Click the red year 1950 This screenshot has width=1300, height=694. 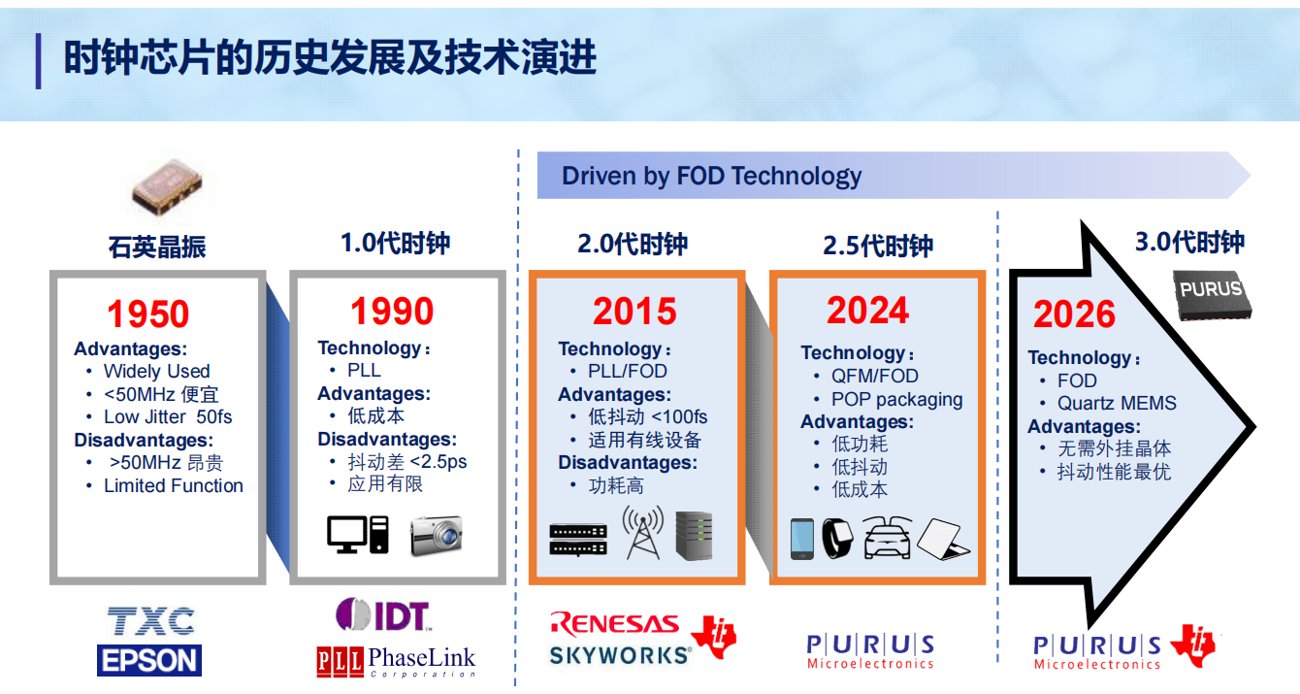(148, 314)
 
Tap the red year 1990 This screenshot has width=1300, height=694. (392, 312)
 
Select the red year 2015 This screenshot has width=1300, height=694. (634, 312)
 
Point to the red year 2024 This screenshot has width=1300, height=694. (867, 311)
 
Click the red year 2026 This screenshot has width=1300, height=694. (1074, 314)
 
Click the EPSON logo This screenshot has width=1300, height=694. (149, 660)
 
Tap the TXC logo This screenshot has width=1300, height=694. (151, 621)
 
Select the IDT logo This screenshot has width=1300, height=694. (383, 614)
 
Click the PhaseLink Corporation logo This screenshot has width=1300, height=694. (397, 662)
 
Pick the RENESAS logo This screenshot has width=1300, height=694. (615, 623)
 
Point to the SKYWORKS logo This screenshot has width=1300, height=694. (620, 656)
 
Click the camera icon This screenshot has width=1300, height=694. (436, 536)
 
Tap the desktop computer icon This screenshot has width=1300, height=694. (357, 534)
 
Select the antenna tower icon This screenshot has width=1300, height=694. (643, 532)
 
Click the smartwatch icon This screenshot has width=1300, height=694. (837, 539)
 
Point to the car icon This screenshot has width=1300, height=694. (888, 537)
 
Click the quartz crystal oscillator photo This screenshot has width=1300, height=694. (167, 186)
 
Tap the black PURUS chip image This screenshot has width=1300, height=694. (1212, 295)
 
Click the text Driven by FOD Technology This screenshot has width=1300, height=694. (711, 176)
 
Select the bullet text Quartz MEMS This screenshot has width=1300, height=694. (1117, 403)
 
